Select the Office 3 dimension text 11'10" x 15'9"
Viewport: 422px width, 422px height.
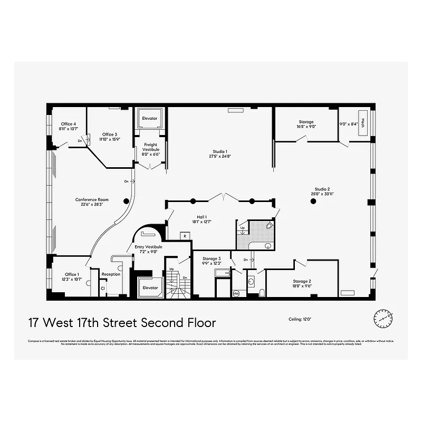109,139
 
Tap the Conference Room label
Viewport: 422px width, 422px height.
92,200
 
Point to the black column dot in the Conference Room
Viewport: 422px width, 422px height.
126,201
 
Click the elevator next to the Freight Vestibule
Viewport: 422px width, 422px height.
150,119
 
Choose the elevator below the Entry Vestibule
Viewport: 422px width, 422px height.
150,287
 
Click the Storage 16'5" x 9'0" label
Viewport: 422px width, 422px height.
306,122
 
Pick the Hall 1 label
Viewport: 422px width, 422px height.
202,217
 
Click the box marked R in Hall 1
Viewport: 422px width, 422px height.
185,236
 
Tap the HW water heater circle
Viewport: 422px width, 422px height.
236,293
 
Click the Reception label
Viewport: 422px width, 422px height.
111,274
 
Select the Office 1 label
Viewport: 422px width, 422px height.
72,274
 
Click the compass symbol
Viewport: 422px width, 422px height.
381,318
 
